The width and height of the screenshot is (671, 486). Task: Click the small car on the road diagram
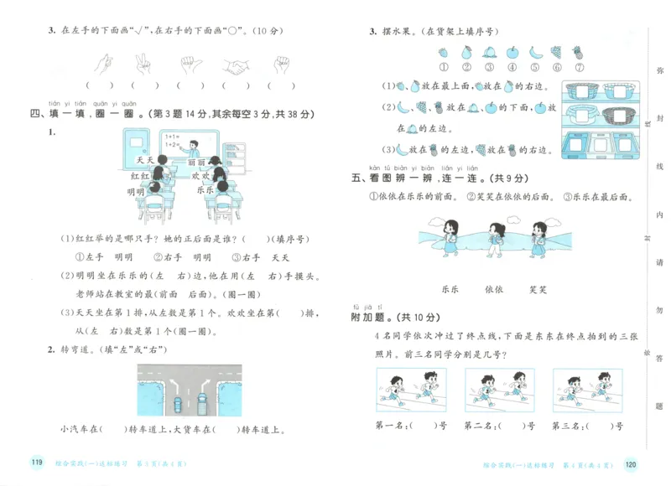(x=178, y=402)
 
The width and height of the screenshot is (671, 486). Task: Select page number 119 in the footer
(x=35, y=463)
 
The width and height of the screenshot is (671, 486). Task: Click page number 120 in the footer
(x=631, y=463)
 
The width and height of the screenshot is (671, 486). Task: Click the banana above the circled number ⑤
(x=533, y=52)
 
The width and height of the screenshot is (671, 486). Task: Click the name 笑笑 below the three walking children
(x=538, y=288)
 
